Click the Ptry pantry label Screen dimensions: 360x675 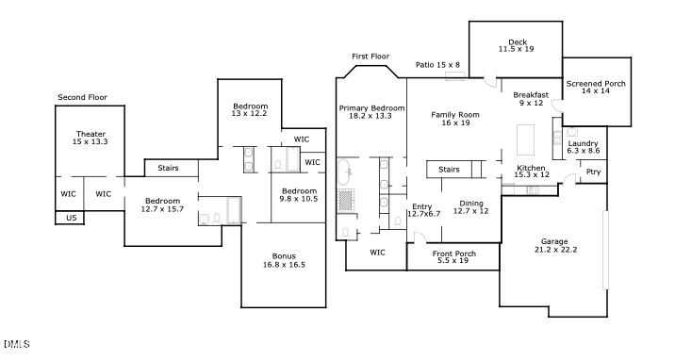(x=593, y=172)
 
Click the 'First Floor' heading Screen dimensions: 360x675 (x=370, y=57)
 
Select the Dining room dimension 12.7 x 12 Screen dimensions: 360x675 (x=470, y=211)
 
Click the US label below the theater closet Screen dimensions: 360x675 (x=71, y=218)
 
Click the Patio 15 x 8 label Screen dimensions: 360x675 (x=437, y=64)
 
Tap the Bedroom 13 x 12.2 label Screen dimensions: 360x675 (x=250, y=110)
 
